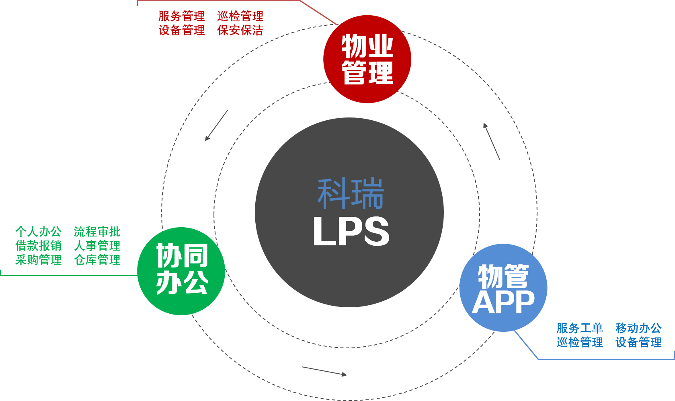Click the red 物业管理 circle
pos(367,59)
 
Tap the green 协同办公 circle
pos(181,271)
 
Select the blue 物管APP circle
pos(503,288)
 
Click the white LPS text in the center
pos(351,231)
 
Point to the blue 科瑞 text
pos(351,193)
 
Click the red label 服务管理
pos(181,16)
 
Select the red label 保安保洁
pos(240,30)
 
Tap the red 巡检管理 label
pos(240,16)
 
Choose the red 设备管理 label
pos(181,30)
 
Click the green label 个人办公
pos(38,232)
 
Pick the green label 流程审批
pos(97,232)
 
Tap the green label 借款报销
pos(38,246)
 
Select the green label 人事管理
pos(97,246)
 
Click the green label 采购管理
pos(38,260)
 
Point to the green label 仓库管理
pos(97,260)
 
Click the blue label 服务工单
pos(579,328)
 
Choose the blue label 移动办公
pos(638,328)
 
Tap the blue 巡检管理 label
pos(579,342)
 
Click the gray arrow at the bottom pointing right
pos(324,371)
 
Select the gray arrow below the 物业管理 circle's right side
pos(491,141)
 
